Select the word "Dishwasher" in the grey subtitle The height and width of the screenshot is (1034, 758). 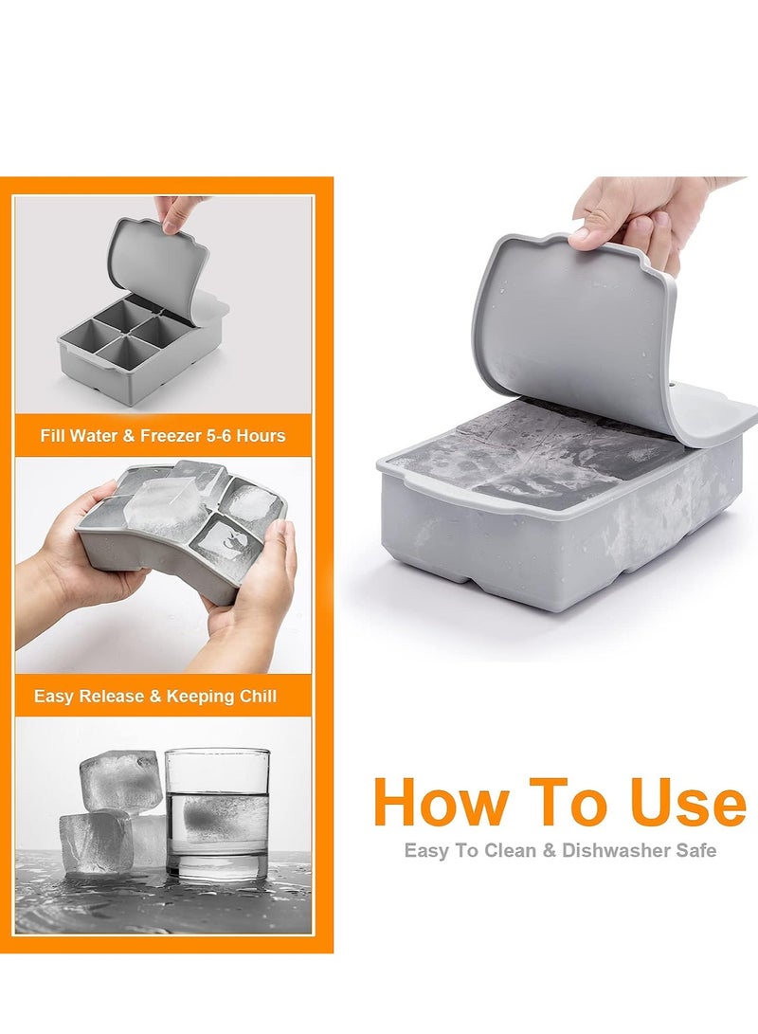pos(619,850)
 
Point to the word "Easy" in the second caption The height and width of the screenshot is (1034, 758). pos(54,697)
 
